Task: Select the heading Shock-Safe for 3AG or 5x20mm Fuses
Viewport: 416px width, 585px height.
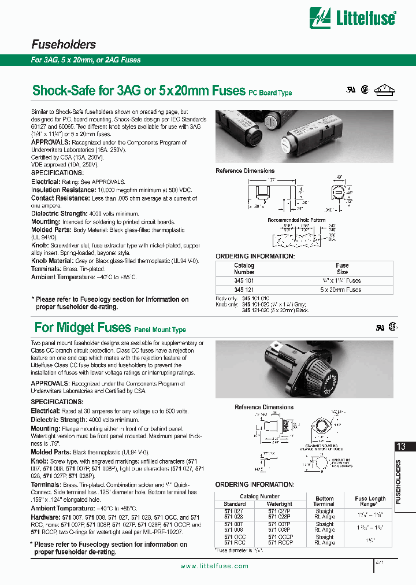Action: [139, 91]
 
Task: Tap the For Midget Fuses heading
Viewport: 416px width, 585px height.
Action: [83, 328]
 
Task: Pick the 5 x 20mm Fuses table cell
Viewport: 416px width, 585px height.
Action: [342, 290]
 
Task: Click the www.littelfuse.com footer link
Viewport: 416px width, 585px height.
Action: [217, 566]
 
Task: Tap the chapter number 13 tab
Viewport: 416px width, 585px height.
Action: [402, 446]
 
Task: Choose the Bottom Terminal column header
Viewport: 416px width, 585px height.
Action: [324, 501]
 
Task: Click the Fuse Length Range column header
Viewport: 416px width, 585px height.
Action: [370, 501]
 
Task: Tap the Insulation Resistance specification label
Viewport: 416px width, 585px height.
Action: [64, 190]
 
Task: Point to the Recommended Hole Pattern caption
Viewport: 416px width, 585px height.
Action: [296, 220]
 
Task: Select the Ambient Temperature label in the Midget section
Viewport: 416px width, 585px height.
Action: [63, 508]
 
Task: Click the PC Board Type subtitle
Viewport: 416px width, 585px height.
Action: [270, 93]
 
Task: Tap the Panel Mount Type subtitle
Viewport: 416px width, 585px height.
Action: [160, 330]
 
